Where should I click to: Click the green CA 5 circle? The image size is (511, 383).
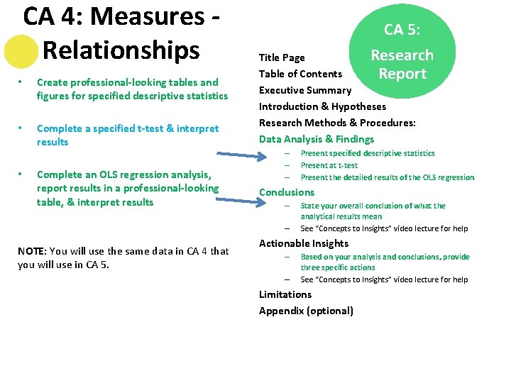[403, 52]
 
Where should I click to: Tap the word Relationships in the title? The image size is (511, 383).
[121, 50]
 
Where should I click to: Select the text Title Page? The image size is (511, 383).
[282, 57]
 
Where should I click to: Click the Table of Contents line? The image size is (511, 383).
[300, 74]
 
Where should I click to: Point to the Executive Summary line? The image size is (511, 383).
[305, 90]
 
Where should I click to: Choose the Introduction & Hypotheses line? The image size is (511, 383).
[322, 106]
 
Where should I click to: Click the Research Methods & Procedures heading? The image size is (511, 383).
[337, 123]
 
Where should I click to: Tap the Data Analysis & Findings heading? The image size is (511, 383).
[316, 139]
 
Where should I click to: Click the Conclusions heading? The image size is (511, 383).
[287, 192]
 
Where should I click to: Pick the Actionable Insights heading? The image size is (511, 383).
[304, 243]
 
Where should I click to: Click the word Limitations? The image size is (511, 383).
[285, 294]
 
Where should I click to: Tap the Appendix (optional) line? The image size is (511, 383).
[306, 311]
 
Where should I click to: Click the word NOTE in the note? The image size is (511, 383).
[31, 251]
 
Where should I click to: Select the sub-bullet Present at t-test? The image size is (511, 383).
[329, 165]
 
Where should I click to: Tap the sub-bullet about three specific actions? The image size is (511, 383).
[385, 262]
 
